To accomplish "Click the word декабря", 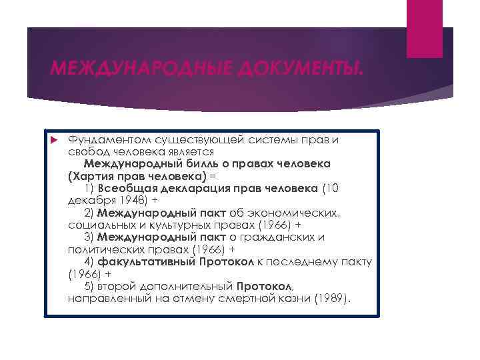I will coord(89,200).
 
